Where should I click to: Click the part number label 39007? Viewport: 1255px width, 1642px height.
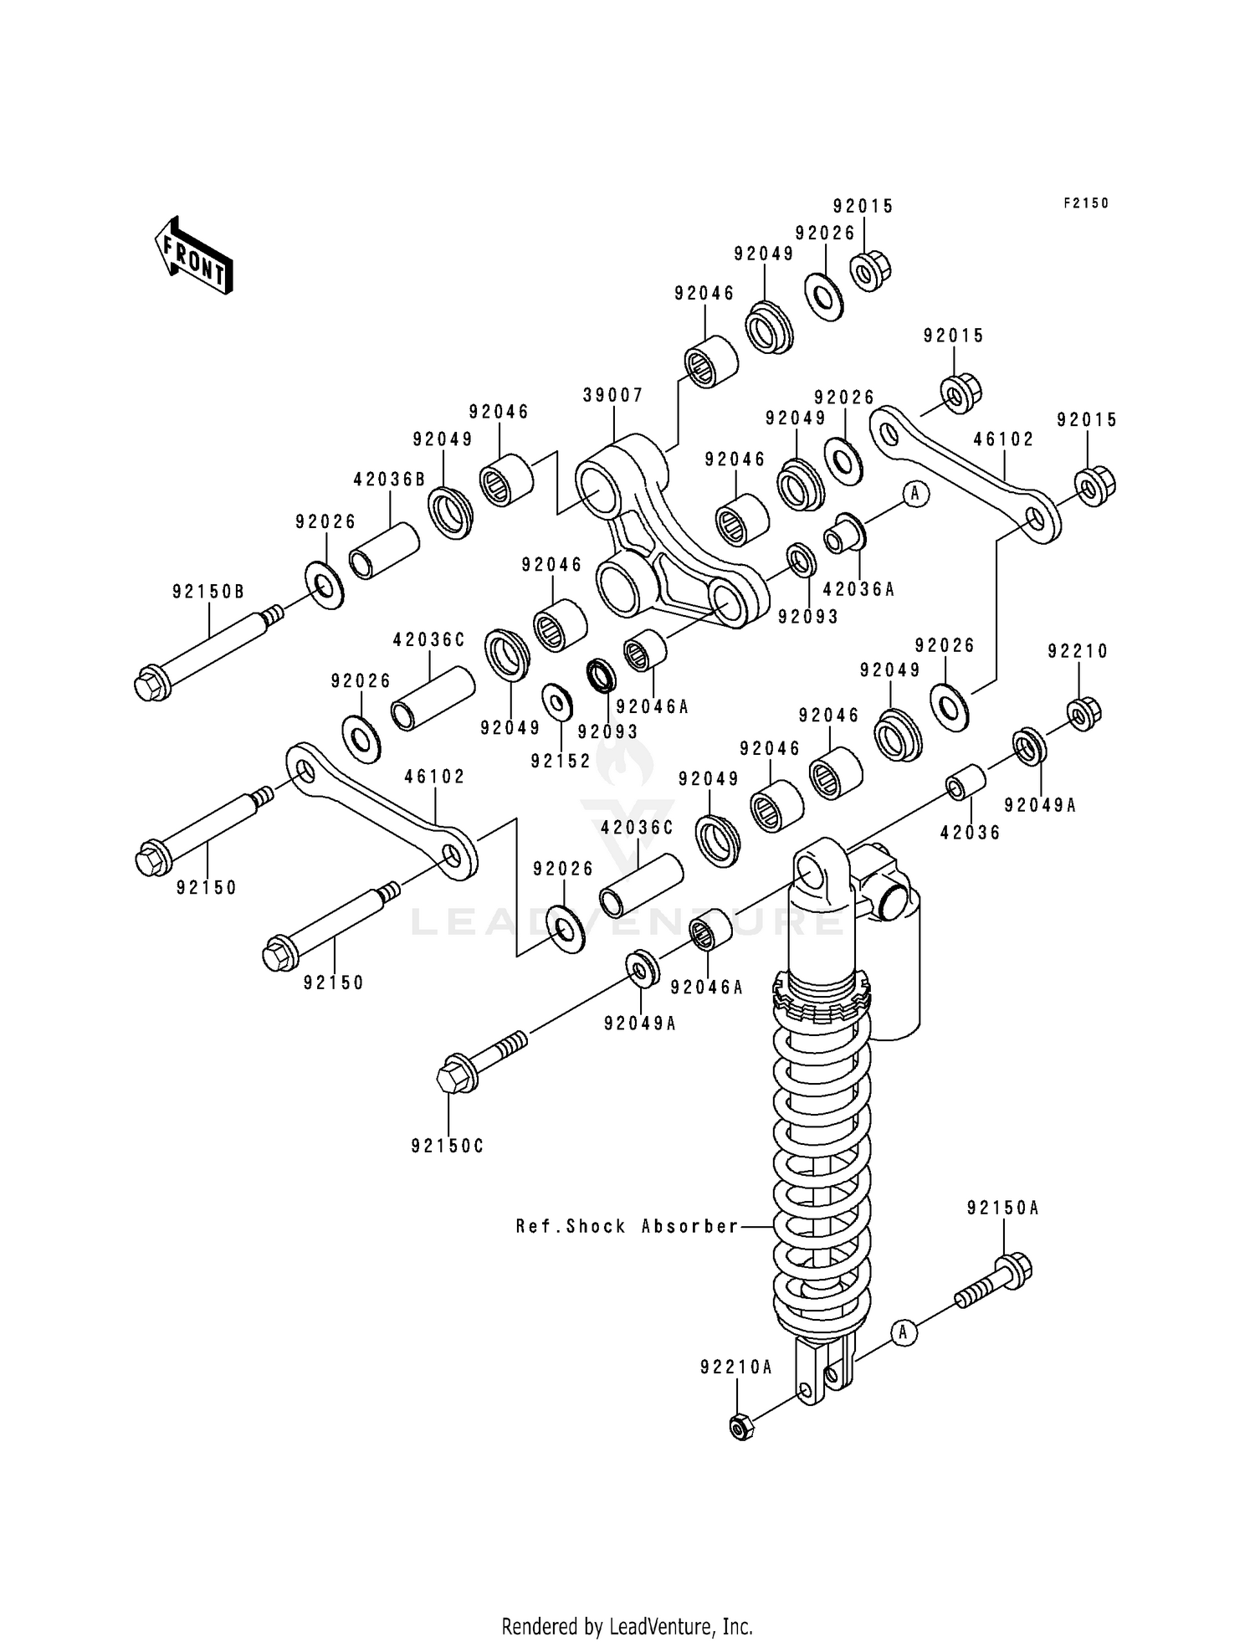pos(613,395)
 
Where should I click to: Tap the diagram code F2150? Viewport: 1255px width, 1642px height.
pos(1085,203)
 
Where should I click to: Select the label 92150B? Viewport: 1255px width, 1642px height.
pos(208,592)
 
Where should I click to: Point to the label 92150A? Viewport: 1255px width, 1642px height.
pos(1002,1208)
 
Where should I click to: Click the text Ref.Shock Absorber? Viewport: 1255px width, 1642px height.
pos(627,1227)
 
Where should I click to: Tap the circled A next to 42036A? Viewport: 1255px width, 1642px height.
pos(914,494)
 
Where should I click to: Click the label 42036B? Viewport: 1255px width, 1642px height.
pos(389,480)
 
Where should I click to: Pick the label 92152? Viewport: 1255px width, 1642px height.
pos(561,761)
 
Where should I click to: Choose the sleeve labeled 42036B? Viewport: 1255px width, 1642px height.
pos(383,551)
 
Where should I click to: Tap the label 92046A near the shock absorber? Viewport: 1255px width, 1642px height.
pos(706,988)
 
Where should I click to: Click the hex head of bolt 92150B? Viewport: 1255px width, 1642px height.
pos(150,683)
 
